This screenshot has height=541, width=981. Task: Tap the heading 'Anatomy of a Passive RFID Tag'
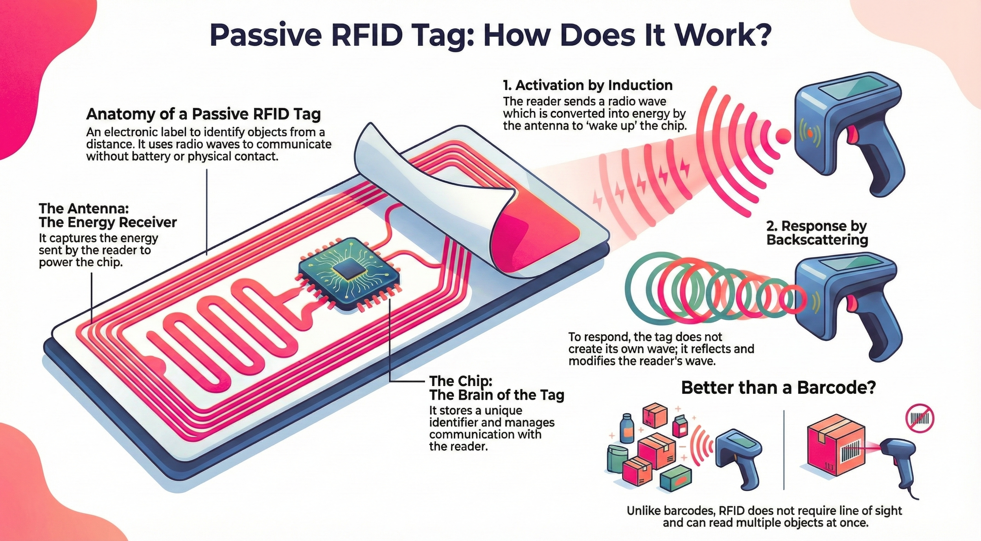click(203, 114)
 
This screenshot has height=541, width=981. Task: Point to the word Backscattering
click(817, 240)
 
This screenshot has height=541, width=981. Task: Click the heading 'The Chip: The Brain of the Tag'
click(496, 387)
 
